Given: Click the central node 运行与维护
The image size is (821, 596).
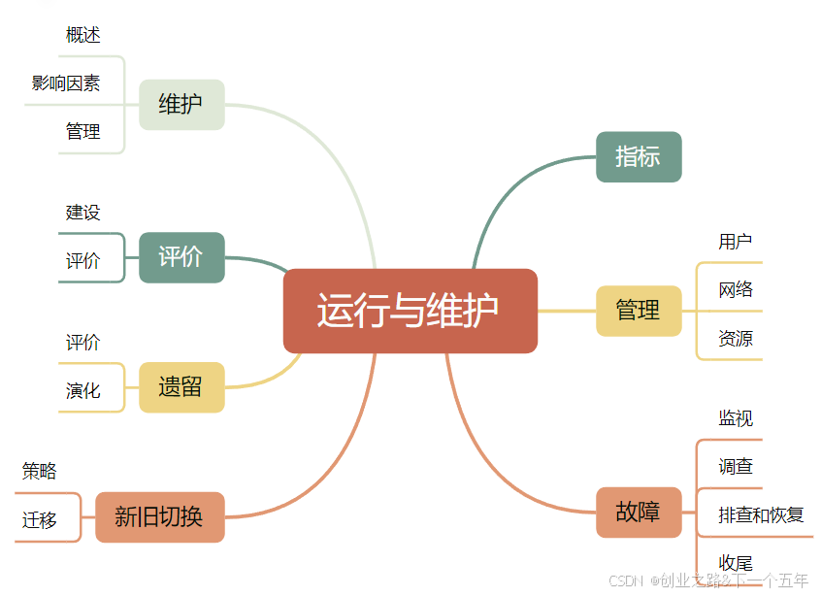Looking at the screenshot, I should tap(410, 311).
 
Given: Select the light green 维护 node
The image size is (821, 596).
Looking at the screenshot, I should tap(181, 104).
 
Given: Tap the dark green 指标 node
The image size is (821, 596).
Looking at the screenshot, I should tap(639, 156).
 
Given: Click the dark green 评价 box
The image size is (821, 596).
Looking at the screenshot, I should tap(181, 257).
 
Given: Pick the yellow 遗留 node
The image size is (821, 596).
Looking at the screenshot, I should tap(181, 387).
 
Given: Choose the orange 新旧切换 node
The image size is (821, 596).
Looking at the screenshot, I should tap(160, 516).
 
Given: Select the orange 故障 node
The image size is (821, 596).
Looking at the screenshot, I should tap(639, 512).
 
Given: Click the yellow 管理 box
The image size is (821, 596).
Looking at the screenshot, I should tap(639, 311).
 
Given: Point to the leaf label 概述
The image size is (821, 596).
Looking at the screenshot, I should tap(83, 35).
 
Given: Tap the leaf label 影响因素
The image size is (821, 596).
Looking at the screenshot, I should tap(66, 83).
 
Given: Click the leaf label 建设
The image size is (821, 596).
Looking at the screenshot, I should tap(83, 213).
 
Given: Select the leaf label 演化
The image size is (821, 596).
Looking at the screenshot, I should tap(83, 391).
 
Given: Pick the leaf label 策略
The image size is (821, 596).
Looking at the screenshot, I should tap(40, 472).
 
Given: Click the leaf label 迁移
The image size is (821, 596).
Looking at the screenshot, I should tap(40, 520).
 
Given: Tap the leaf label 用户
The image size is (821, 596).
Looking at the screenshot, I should tap(736, 242).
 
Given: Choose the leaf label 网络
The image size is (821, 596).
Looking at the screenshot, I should tap(736, 290).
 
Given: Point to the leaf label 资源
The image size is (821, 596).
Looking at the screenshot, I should tap(736, 339).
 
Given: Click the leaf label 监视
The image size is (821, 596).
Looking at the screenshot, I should tap(736, 418).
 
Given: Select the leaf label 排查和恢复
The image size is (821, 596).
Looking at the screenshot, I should tap(762, 514).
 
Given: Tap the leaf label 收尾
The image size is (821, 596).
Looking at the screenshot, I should tap(736, 563).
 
